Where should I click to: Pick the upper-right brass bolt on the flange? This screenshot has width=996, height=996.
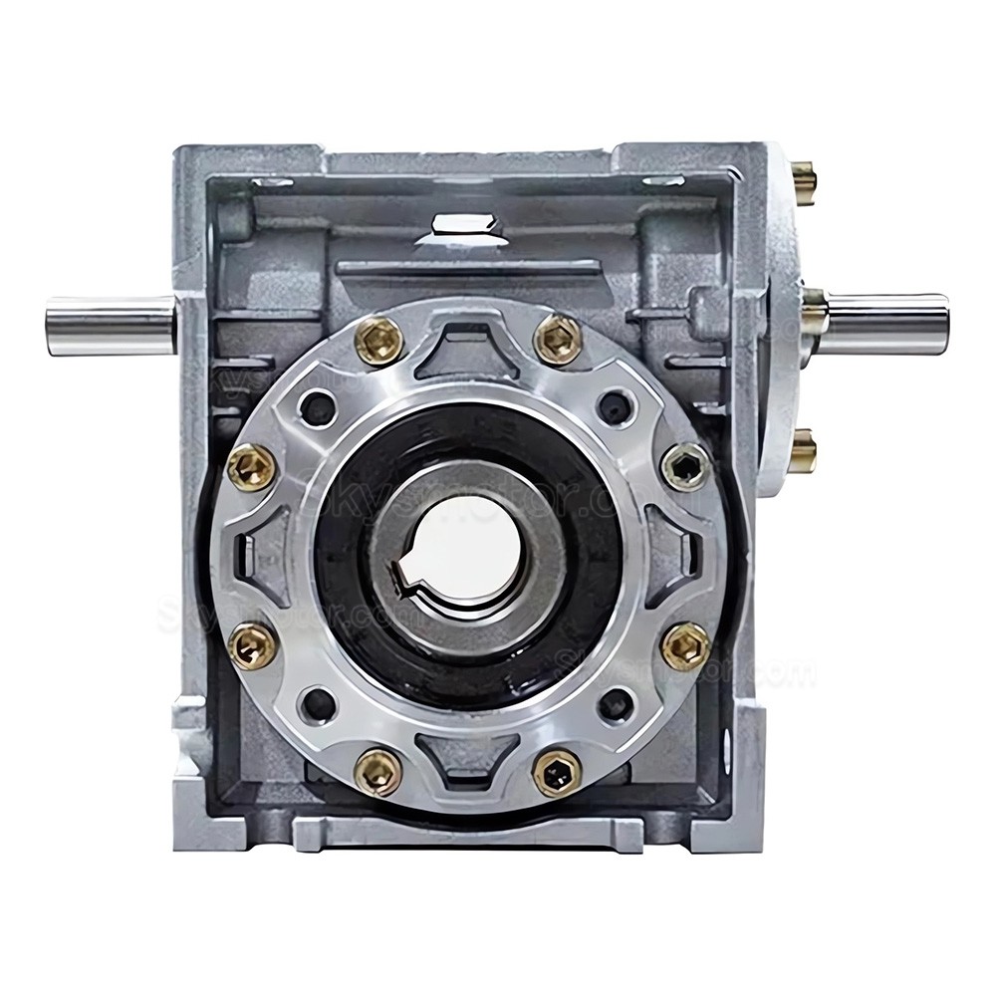click(558, 341)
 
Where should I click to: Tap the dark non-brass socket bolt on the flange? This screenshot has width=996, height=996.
click(686, 465)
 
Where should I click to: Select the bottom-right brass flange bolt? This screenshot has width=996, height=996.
click(557, 771)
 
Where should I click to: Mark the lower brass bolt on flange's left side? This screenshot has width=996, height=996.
click(251, 646)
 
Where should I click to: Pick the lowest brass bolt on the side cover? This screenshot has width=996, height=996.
click(802, 453)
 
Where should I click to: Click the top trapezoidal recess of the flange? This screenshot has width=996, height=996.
click(468, 344)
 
